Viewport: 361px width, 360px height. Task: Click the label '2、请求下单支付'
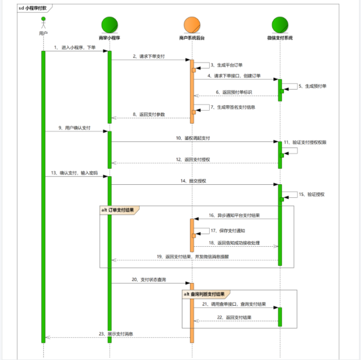tap(150, 56)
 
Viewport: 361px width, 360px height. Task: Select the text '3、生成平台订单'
tap(226, 65)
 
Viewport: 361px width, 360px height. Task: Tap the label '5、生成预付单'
tap(312, 86)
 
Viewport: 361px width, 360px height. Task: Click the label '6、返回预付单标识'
tap(234, 92)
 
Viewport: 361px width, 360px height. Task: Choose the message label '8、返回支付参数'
tap(150, 114)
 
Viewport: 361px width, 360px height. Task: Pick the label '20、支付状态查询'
tap(149, 279)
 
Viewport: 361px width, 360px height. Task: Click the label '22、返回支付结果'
tap(234, 317)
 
